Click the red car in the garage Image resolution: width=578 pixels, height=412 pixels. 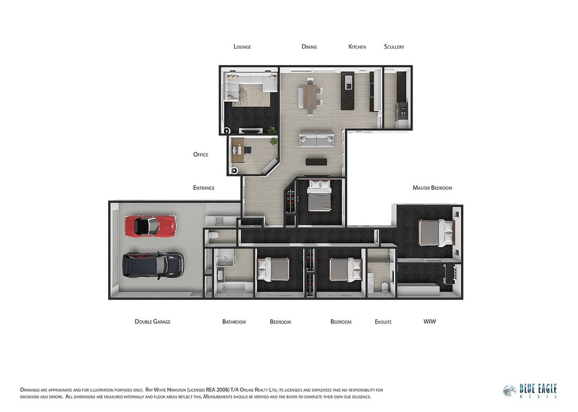point(151,226)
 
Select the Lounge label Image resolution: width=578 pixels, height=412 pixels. point(242,47)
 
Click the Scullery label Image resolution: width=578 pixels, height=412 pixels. point(394,47)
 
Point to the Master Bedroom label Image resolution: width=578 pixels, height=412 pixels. point(432,188)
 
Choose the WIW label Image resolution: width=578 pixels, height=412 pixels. point(430,321)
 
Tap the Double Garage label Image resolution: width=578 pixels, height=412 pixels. point(152,322)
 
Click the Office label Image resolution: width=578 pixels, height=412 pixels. point(200,154)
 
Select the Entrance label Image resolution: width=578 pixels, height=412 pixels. point(204,188)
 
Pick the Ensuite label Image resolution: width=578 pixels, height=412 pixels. point(383,322)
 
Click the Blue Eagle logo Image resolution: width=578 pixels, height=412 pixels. point(530,391)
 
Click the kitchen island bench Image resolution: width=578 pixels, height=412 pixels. point(347,91)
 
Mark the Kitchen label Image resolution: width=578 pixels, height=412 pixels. point(357,47)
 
